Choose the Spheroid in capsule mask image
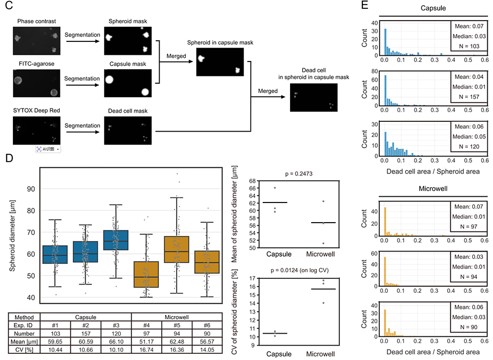point(219,62)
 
